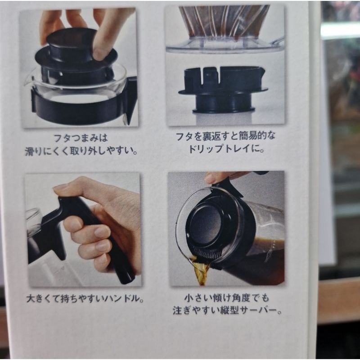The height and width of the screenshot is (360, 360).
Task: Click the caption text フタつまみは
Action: (x=81, y=138)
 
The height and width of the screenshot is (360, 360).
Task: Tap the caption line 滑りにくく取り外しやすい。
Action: (x=81, y=151)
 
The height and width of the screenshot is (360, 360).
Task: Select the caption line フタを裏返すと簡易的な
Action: (x=225, y=136)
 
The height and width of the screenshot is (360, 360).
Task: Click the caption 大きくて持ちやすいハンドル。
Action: (x=85, y=299)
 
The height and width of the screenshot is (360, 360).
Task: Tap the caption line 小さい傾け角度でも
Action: (x=227, y=298)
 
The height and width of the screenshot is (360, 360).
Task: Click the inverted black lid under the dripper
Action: (x=223, y=90)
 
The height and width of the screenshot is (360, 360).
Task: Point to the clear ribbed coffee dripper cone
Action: (x=225, y=27)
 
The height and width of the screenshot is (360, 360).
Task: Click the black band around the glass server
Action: (x=78, y=110)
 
